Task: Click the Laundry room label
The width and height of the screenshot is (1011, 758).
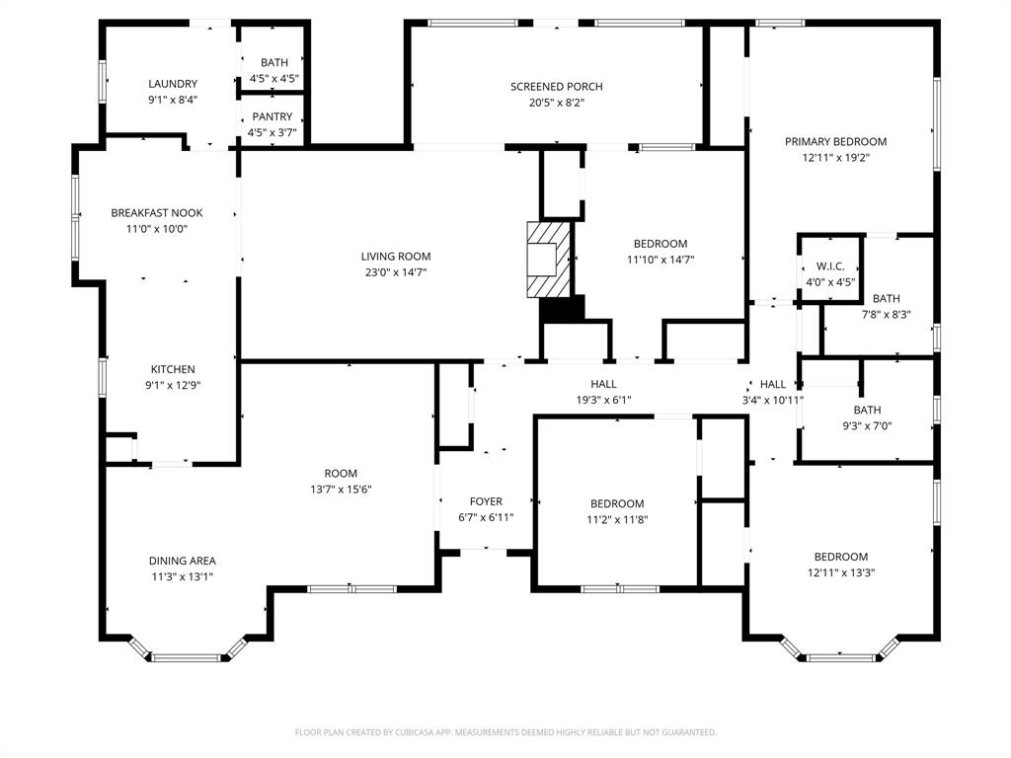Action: [x=173, y=84]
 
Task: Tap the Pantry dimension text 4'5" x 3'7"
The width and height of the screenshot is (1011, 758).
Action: [x=272, y=132]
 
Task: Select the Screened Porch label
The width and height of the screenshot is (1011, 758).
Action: [x=556, y=87]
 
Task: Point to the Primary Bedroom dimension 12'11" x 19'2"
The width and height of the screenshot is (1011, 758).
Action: [x=835, y=157]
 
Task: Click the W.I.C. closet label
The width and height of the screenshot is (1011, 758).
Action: [x=829, y=266]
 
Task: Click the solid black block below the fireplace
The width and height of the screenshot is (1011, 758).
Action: [x=562, y=309]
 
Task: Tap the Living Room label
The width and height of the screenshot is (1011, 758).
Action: [x=395, y=257]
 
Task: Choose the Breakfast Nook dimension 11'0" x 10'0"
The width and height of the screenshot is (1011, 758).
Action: [x=156, y=229]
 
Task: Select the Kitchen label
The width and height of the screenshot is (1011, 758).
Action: [x=173, y=370]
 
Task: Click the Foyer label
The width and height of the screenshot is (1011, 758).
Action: [x=486, y=501]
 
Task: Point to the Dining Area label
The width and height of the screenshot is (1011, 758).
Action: [x=182, y=561]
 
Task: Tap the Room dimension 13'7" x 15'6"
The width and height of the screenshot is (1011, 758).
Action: [x=341, y=490]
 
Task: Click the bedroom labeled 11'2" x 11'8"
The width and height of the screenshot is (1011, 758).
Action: [x=617, y=503]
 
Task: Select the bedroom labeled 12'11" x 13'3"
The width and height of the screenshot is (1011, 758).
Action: [x=840, y=557]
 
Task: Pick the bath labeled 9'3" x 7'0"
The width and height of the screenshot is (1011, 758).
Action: [x=867, y=410]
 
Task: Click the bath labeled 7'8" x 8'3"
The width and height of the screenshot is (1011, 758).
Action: [x=886, y=299]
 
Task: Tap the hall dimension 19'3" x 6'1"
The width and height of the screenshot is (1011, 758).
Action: [x=603, y=401]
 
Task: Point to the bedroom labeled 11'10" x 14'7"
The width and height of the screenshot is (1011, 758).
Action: [x=660, y=244]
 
